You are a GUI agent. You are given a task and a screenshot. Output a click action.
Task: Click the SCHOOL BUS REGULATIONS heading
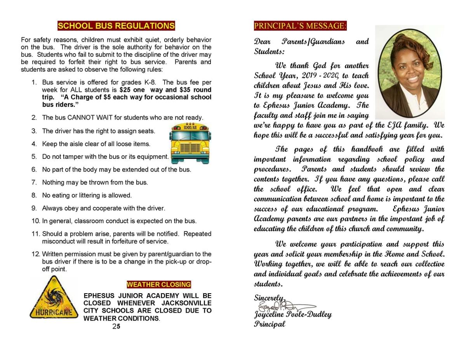[x=116, y=26]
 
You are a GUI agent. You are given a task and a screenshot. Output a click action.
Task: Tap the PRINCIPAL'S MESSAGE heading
[x=300, y=26]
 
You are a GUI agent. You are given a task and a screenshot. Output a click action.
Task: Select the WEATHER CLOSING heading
[x=159, y=285]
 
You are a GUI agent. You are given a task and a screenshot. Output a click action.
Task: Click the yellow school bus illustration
[x=190, y=143]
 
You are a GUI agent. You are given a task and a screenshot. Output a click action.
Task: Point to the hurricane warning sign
[x=53, y=298]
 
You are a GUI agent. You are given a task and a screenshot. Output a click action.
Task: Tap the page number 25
[x=116, y=327]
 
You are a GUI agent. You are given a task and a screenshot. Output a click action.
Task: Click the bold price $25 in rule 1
[x=125, y=90]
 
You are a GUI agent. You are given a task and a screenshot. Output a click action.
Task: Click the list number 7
[x=34, y=183]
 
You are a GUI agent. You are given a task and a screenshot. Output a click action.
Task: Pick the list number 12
[x=35, y=254]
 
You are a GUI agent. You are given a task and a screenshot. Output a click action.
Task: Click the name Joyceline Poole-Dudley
[x=293, y=315]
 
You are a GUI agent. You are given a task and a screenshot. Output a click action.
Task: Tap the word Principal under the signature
[x=270, y=324]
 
